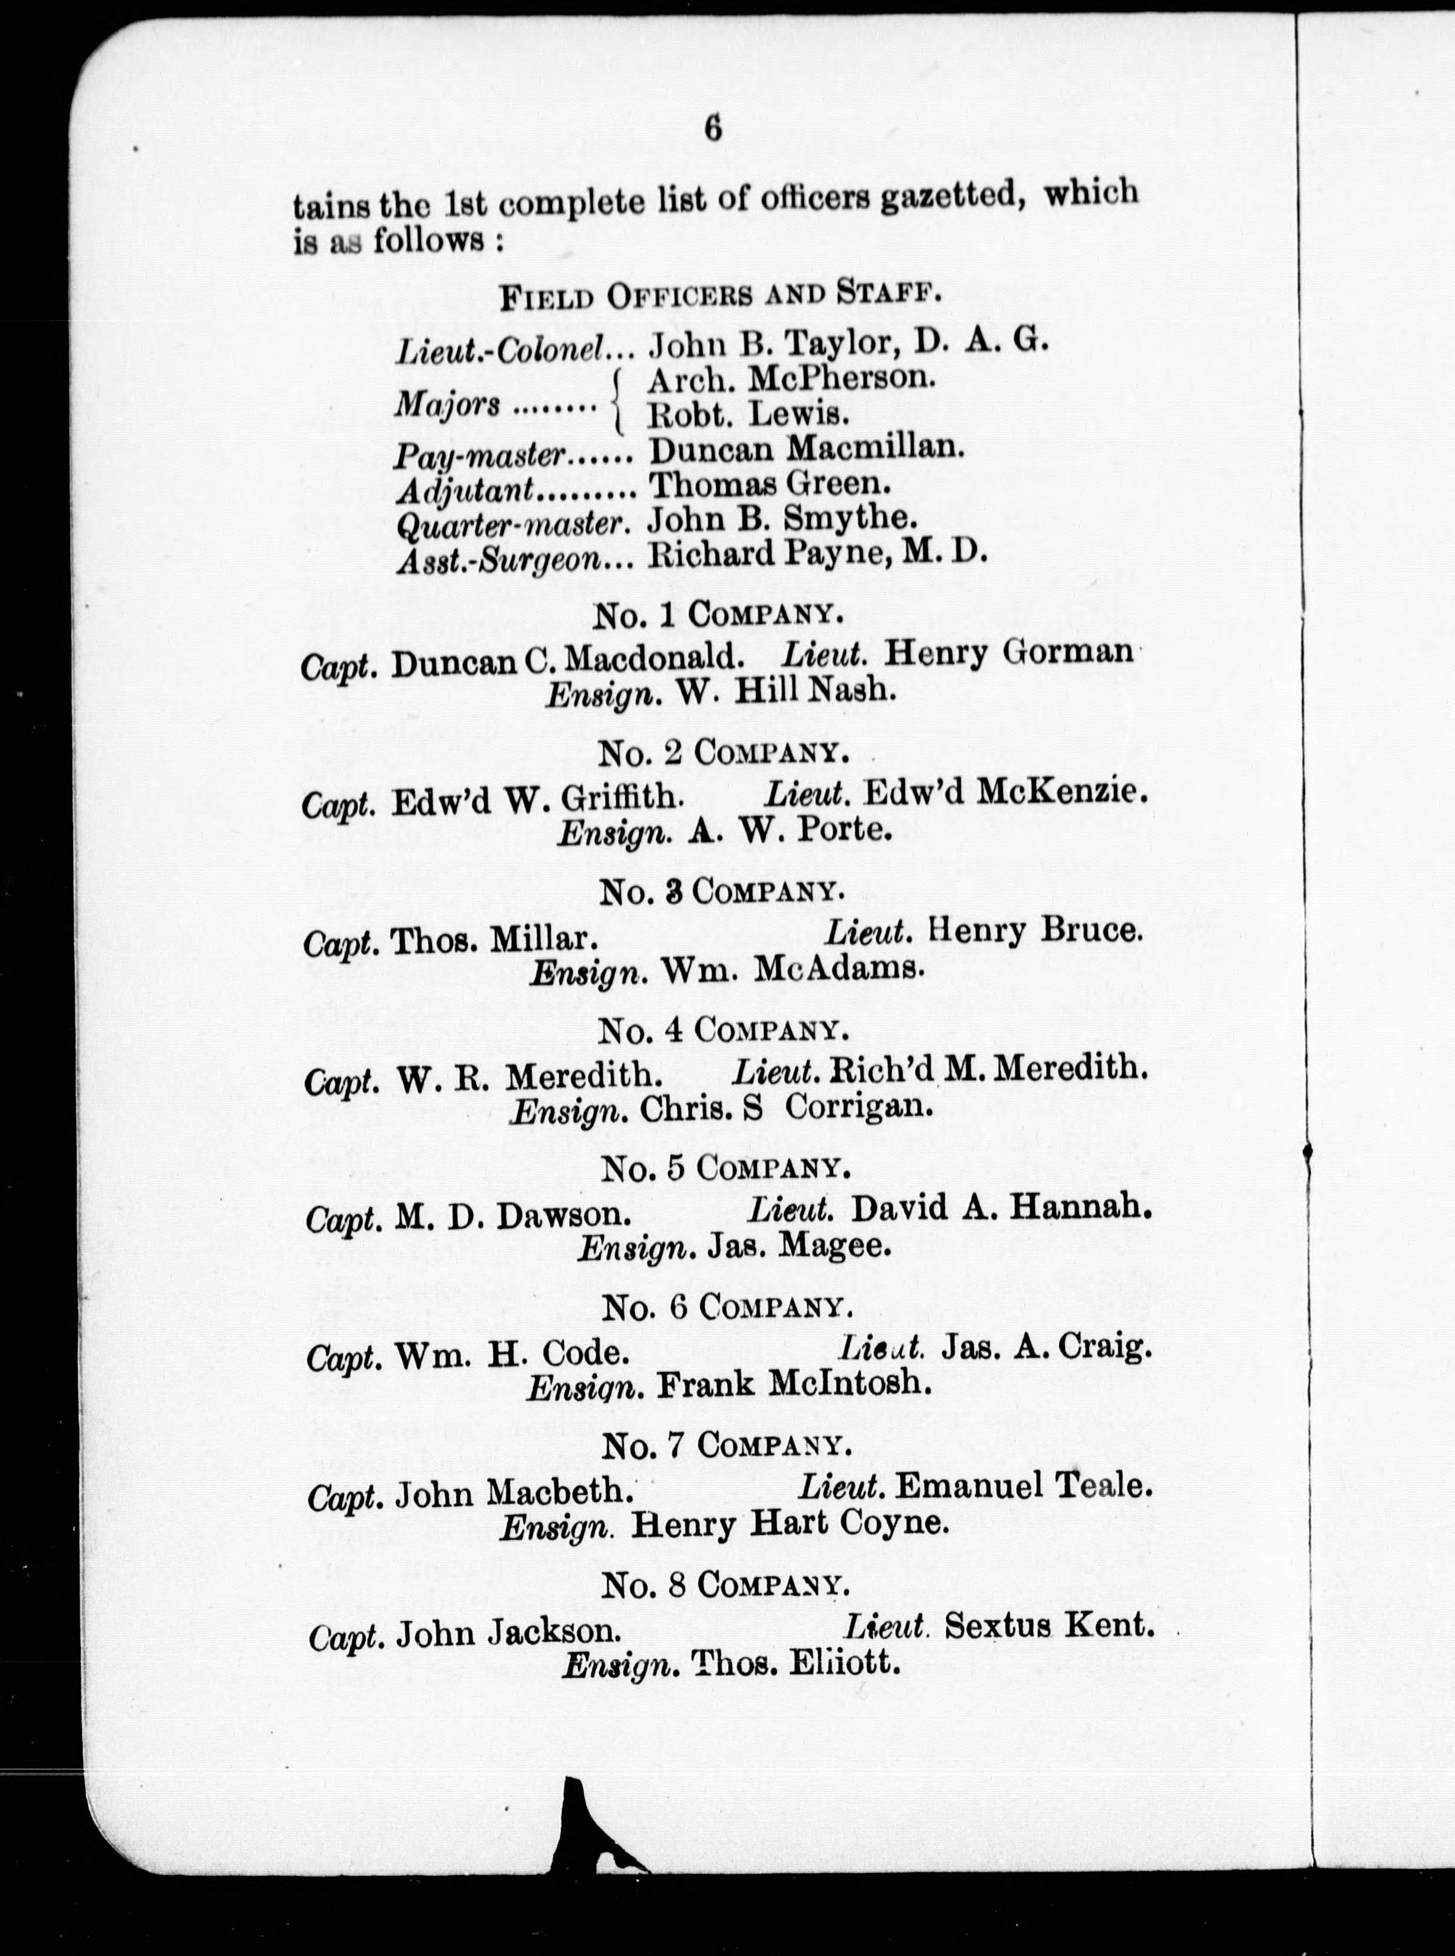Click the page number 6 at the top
[x=713, y=129]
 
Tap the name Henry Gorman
[x=1008, y=653]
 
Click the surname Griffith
[x=621, y=799]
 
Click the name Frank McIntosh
[x=793, y=1385]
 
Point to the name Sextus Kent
[x=1048, y=1625]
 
